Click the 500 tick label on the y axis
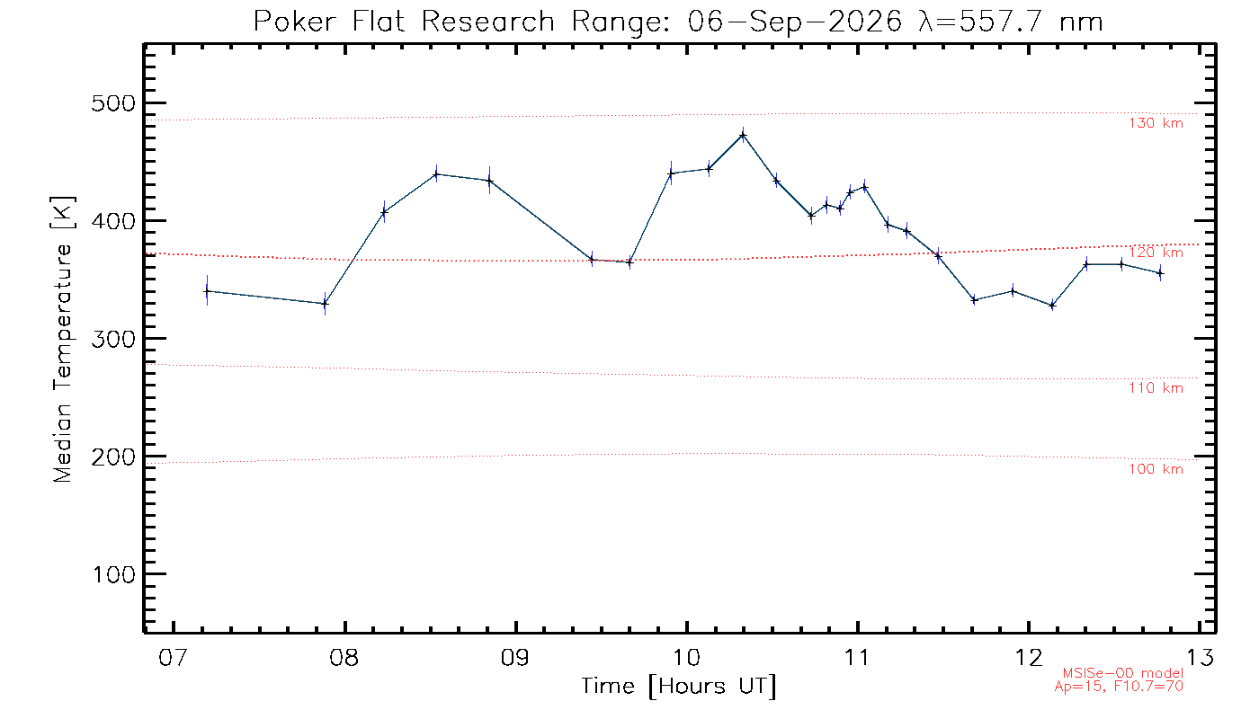[113, 103]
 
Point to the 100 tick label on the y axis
[113, 574]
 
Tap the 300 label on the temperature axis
[113, 340]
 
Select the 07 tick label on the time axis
[173, 657]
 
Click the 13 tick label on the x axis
[1200, 657]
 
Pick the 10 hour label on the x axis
[686, 657]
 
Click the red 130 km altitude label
[1156, 123]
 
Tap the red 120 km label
[1156, 253]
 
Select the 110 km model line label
[1156, 387]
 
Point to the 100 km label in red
[1156, 469]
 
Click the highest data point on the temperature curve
[743, 135]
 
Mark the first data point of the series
[208, 291]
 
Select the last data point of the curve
[1160, 273]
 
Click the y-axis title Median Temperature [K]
[62, 340]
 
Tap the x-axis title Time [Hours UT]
[678, 687]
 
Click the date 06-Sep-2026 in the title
[795, 22]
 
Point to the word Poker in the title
[295, 22]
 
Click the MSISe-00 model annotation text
[1122, 673]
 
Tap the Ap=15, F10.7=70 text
[1119, 687]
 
